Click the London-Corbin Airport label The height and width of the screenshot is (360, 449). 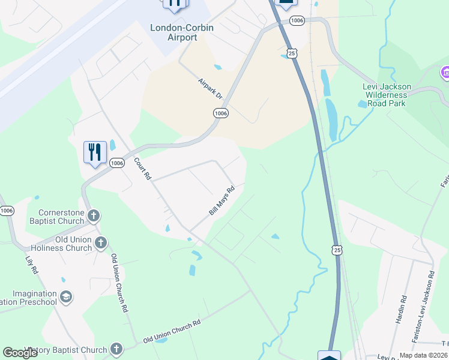(173, 32)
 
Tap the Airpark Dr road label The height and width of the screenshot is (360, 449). (211, 88)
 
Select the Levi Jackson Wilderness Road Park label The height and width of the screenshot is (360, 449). (385, 95)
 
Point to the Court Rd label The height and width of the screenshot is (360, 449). (142, 169)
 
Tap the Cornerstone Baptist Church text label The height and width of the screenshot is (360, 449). (61, 217)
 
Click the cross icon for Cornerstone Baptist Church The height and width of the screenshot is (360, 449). (93, 216)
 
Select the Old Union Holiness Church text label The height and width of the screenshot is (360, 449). (65, 244)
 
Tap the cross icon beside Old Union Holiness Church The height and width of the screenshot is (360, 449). (101, 243)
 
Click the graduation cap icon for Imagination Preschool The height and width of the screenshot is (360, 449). (66, 296)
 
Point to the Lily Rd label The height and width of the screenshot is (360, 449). (31, 266)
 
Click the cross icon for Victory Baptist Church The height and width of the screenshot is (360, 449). (116, 349)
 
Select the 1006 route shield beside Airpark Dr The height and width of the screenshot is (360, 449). (221, 113)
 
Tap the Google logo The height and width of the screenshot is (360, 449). (20, 353)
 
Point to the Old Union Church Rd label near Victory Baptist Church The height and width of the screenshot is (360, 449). (172, 332)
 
